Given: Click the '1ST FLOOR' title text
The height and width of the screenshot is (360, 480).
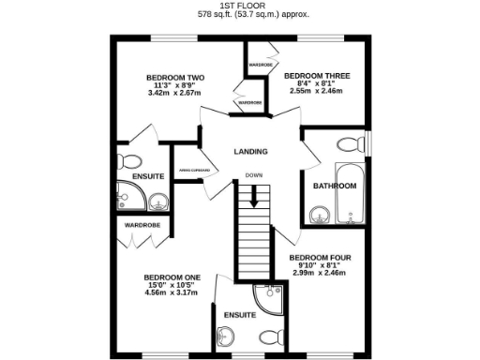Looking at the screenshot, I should pyautogui.click(x=240, y=6).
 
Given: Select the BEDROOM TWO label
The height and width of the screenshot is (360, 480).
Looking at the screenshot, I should pyautogui.click(x=176, y=78).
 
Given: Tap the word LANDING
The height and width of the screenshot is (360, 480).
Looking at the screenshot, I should pyautogui.click(x=250, y=152).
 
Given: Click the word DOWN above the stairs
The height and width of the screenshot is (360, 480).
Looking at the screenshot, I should pyautogui.click(x=253, y=175).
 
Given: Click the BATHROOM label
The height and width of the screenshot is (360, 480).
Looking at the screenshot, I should pyautogui.click(x=335, y=186).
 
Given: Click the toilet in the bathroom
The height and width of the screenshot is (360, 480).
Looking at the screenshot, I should pyautogui.click(x=349, y=144).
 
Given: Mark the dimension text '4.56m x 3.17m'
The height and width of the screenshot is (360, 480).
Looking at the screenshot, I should pyautogui.click(x=172, y=293).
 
